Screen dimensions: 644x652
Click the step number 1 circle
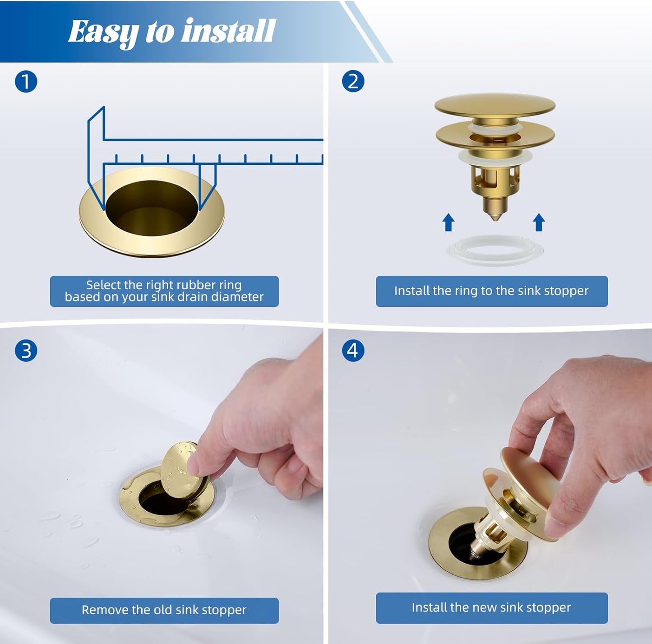point(26,82)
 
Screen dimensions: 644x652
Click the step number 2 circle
point(353,82)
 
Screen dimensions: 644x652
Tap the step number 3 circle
point(26,351)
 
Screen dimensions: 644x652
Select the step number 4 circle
point(353,351)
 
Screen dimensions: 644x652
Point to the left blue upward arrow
point(448,222)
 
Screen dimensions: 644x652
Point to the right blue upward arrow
point(539,222)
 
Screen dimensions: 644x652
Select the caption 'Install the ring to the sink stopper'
point(491,291)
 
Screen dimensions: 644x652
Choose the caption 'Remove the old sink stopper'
point(164,610)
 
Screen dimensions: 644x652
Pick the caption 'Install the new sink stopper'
point(491,607)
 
